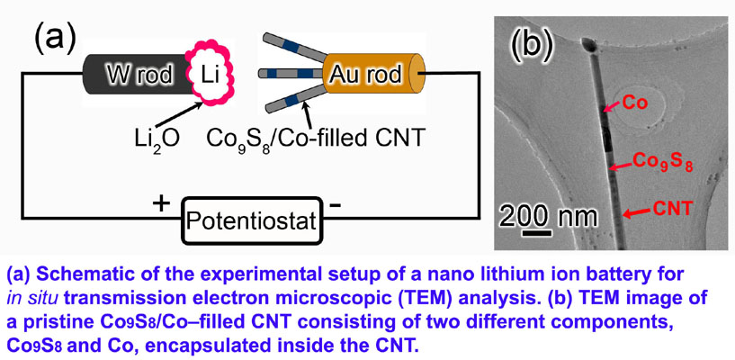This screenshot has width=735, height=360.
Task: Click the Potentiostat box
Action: (251, 218)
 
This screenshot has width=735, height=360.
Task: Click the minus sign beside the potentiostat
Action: (335, 203)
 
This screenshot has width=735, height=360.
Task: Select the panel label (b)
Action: (530, 43)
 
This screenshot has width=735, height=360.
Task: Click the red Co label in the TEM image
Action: (636, 103)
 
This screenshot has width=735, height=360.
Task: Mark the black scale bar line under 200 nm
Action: (535, 230)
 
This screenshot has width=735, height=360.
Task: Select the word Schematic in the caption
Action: (90, 274)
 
